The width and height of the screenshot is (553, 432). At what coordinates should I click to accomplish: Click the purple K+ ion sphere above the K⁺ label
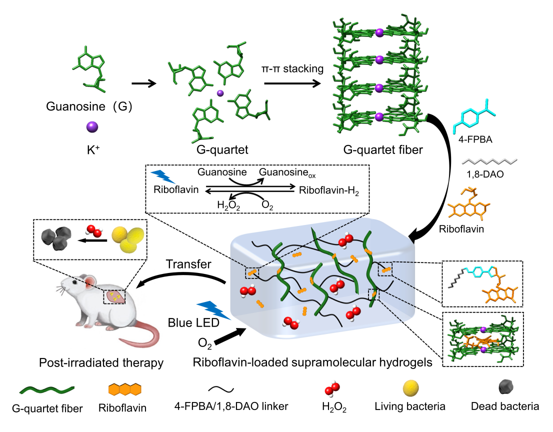point(92,127)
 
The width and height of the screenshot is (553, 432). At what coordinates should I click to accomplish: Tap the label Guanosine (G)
point(89,106)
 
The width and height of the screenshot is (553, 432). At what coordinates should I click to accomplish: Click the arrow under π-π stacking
point(292,84)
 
